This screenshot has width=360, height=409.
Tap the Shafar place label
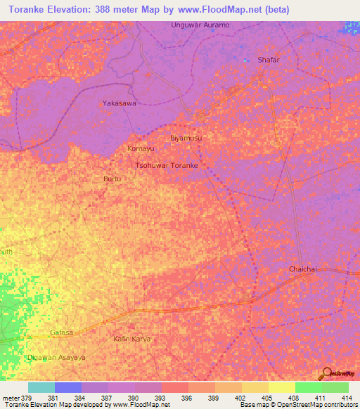pyautogui.click(x=269, y=60)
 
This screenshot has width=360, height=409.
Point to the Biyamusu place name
pyautogui.click(x=186, y=138)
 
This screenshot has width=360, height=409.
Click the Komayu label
pyautogui.click(x=141, y=149)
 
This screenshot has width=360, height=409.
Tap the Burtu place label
pyautogui.click(x=112, y=179)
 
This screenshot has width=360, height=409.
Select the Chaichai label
pyautogui.click(x=304, y=270)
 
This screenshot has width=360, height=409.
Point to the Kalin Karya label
pyautogui.click(x=132, y=339)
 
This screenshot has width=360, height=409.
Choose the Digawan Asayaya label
pyautogui.click(x=56, y=358)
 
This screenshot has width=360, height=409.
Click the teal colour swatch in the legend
pyautogui.click(x=41, y=387)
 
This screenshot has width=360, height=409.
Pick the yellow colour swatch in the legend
pyautogui.click(x=281, y=387)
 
